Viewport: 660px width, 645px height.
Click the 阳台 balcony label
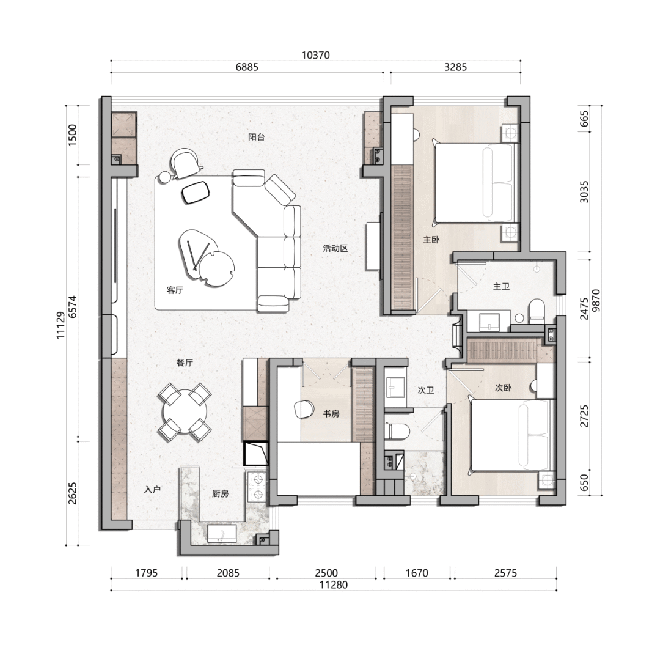click(256, 137)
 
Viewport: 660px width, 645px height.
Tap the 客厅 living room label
click(175, 290)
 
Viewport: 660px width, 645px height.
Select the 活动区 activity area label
click(335, 248)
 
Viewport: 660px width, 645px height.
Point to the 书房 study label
click(331, 414)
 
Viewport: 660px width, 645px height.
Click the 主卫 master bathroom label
click(501, 286)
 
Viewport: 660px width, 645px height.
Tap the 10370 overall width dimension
click(316, 55)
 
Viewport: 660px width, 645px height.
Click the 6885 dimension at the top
click(247, 67)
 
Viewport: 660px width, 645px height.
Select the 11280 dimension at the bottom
click(334, 585)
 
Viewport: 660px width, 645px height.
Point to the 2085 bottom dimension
click(228, 573)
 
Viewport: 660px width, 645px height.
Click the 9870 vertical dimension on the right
click(596, 300)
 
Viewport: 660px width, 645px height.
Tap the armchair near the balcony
click(185, 163)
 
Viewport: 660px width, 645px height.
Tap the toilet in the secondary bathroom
click(397, 431)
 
